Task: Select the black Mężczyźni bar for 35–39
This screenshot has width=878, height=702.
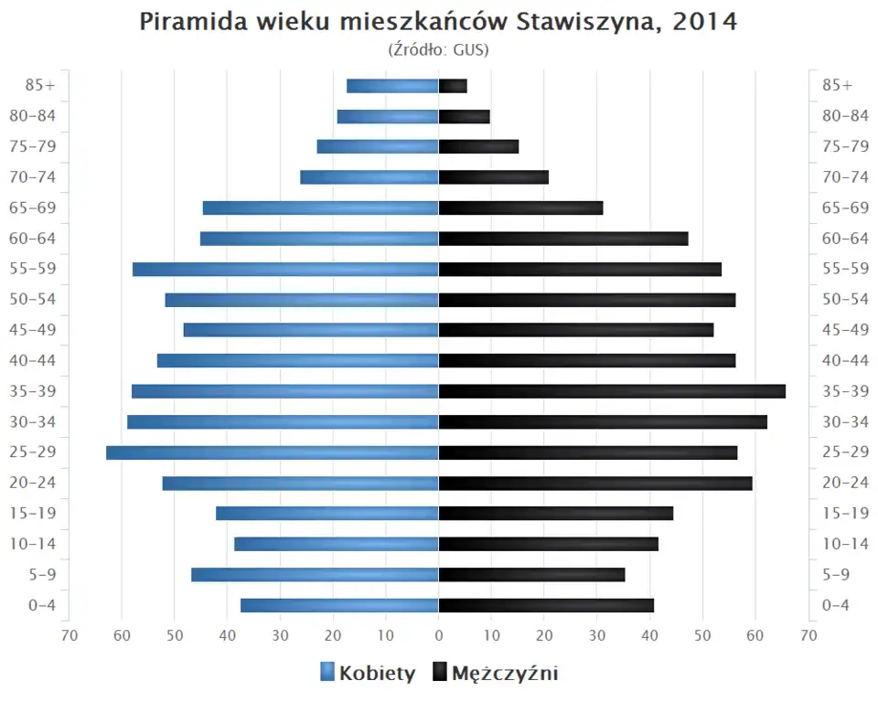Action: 612,391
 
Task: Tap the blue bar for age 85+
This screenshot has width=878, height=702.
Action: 392,86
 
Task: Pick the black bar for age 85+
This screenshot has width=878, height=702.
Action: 453,86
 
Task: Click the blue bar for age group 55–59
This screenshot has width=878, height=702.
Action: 285,269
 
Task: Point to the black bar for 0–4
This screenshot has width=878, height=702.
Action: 546,605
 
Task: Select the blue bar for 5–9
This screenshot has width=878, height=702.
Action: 315,575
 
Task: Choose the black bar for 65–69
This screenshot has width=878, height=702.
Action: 520,207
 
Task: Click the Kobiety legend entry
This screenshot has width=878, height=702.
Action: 368,674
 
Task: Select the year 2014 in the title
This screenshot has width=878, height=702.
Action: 704,23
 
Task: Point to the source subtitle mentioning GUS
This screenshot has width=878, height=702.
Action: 439,50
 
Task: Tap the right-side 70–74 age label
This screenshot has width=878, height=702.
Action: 845,177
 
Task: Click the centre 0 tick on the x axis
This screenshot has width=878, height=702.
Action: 439,635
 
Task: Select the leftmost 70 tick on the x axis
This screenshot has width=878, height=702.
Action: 69,635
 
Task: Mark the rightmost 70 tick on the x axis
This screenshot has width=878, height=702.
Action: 808,635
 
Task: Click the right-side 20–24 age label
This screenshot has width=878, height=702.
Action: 845,483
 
